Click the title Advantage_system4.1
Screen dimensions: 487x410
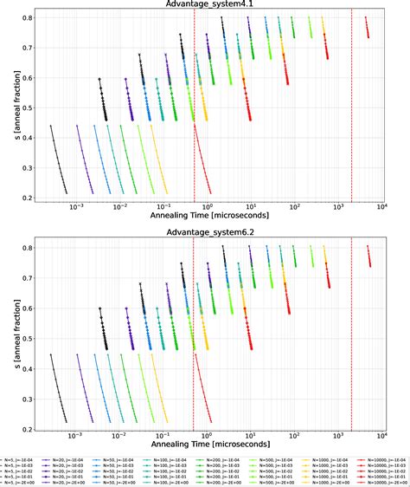pos(205,5)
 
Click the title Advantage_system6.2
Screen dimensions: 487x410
pos(205,235)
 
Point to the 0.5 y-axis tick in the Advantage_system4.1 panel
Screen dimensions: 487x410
pos(26,107)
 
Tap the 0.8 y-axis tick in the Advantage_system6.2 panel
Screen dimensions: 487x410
pos(26,248)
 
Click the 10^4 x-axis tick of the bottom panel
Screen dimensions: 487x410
pos(381,436)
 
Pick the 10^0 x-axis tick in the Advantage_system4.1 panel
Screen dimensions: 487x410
pos(207,206)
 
